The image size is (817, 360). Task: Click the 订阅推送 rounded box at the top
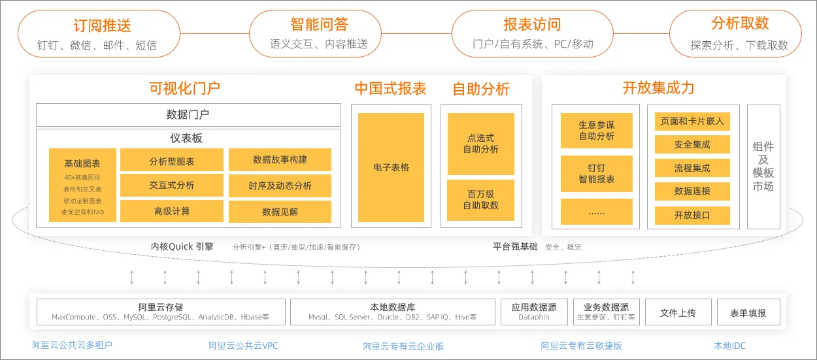97,34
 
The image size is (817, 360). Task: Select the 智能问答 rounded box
318,34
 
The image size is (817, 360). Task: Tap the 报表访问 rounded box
532,34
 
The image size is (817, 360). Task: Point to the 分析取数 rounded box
739,34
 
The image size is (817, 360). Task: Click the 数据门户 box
188,115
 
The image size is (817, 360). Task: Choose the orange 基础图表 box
82,185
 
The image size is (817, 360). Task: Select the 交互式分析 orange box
172,186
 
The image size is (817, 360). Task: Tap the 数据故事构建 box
280,160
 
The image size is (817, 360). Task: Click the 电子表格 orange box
391,167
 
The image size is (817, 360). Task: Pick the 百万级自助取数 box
480,200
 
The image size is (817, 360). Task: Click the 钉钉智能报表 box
597,173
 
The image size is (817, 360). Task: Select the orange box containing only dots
597,212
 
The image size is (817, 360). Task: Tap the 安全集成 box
692,144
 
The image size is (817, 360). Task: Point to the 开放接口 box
692,215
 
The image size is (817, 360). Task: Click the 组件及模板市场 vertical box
763,167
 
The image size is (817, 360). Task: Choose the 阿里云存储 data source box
161,312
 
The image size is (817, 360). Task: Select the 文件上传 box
678,312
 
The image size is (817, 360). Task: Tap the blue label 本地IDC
729,346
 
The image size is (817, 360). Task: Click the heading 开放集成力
658,88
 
